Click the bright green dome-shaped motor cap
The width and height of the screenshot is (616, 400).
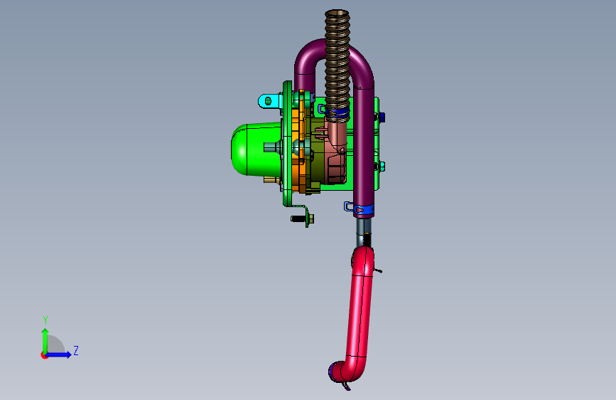pyautogui.click(x=255, y=149)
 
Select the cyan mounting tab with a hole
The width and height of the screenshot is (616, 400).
pyautogui.click(x=269, y=101)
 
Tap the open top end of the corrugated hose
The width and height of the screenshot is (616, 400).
pyautogui.click(x=337, y=14)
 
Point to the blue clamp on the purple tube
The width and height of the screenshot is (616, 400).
pyautogui.click(x=364, y=209)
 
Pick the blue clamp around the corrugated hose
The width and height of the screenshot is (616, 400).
pyautogui.click(x=337, y=112)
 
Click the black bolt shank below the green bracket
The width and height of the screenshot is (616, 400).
pyautogui.click(x=298, y=219)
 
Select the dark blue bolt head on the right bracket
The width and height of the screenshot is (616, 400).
pyautogui.click(x=381, y=117)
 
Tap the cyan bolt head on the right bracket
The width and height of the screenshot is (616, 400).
pyautogui.click(x=380, y=167)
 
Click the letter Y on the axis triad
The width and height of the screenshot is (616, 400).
pyautogui.click(x=45, y=320)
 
